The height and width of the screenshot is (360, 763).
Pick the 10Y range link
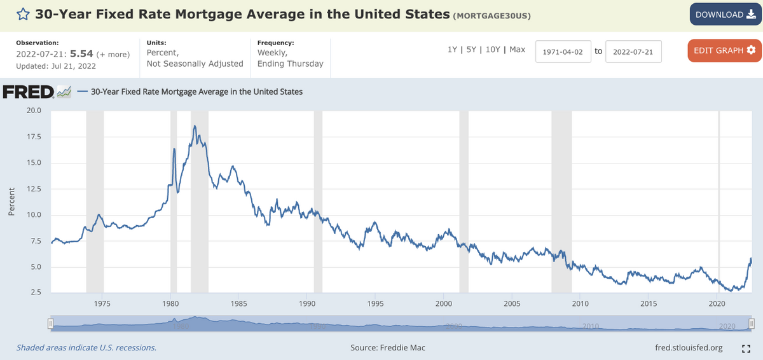pos(493,50)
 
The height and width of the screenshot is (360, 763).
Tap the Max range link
pos(518,50)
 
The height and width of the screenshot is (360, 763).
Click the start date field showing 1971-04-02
pos(563,52)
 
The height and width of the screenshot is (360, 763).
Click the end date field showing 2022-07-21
pos(633,52)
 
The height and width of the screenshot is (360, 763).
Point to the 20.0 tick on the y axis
pos(34,111)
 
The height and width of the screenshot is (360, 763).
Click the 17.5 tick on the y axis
pos(34,137)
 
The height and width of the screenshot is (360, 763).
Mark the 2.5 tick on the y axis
pos(36,293)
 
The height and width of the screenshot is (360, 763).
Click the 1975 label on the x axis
pos(102,303)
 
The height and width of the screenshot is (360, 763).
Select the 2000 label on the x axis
pos(443,303)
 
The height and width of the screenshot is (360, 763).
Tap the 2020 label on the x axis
pos(717,303)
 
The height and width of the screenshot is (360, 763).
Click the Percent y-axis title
pos(11,202)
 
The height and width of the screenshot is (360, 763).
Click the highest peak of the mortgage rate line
pos(195,126)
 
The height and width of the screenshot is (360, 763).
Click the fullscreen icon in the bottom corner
pos(746,349)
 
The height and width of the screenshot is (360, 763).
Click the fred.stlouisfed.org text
pos(689,348)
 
